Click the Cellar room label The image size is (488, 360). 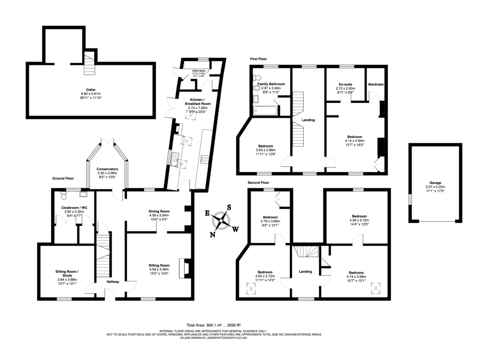[x=91, y=89]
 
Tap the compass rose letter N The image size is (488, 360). [x=213, y=234]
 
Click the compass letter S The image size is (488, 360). [x=229, y=207]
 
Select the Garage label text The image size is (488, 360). [x=435, y=183]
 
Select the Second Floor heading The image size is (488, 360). [x=258, y=183]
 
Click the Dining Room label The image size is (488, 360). [x=159, y=211]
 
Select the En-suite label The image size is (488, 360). [x=345, y=84]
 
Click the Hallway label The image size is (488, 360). [x=113, y=282]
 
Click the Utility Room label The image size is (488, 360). [x=199, y=71]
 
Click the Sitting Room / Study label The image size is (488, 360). [x=67, y=273]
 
